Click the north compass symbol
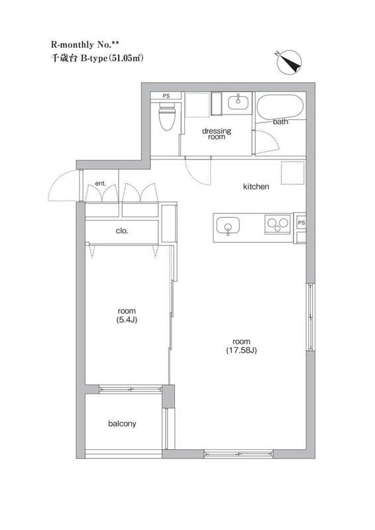click(288, 62)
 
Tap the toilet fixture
click(167, 115)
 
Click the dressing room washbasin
click(238, 101)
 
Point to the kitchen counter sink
click(228, 226)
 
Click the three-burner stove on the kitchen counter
click(278, 224)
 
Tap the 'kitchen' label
click(256, 186)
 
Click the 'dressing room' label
click(217, 134)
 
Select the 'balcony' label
click(122, 423)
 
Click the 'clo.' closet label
click(122, 231)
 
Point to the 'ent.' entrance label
click(101, 184)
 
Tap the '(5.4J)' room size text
click(127, 320)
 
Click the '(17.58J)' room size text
click(241, 350)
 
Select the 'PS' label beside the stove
click(301, 223)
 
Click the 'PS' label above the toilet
click(166, 96)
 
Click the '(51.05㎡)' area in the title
click(125, 58)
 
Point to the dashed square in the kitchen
click(293, 173)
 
